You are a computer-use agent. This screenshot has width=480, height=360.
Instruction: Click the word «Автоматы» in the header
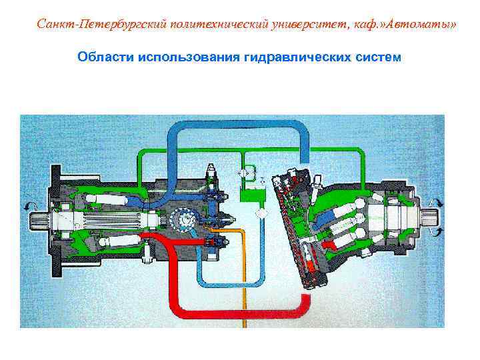click(425, 25)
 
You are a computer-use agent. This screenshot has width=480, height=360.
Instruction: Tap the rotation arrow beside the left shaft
click(29, 205)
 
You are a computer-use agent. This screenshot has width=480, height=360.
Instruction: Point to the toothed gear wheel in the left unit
click(180, 219)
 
